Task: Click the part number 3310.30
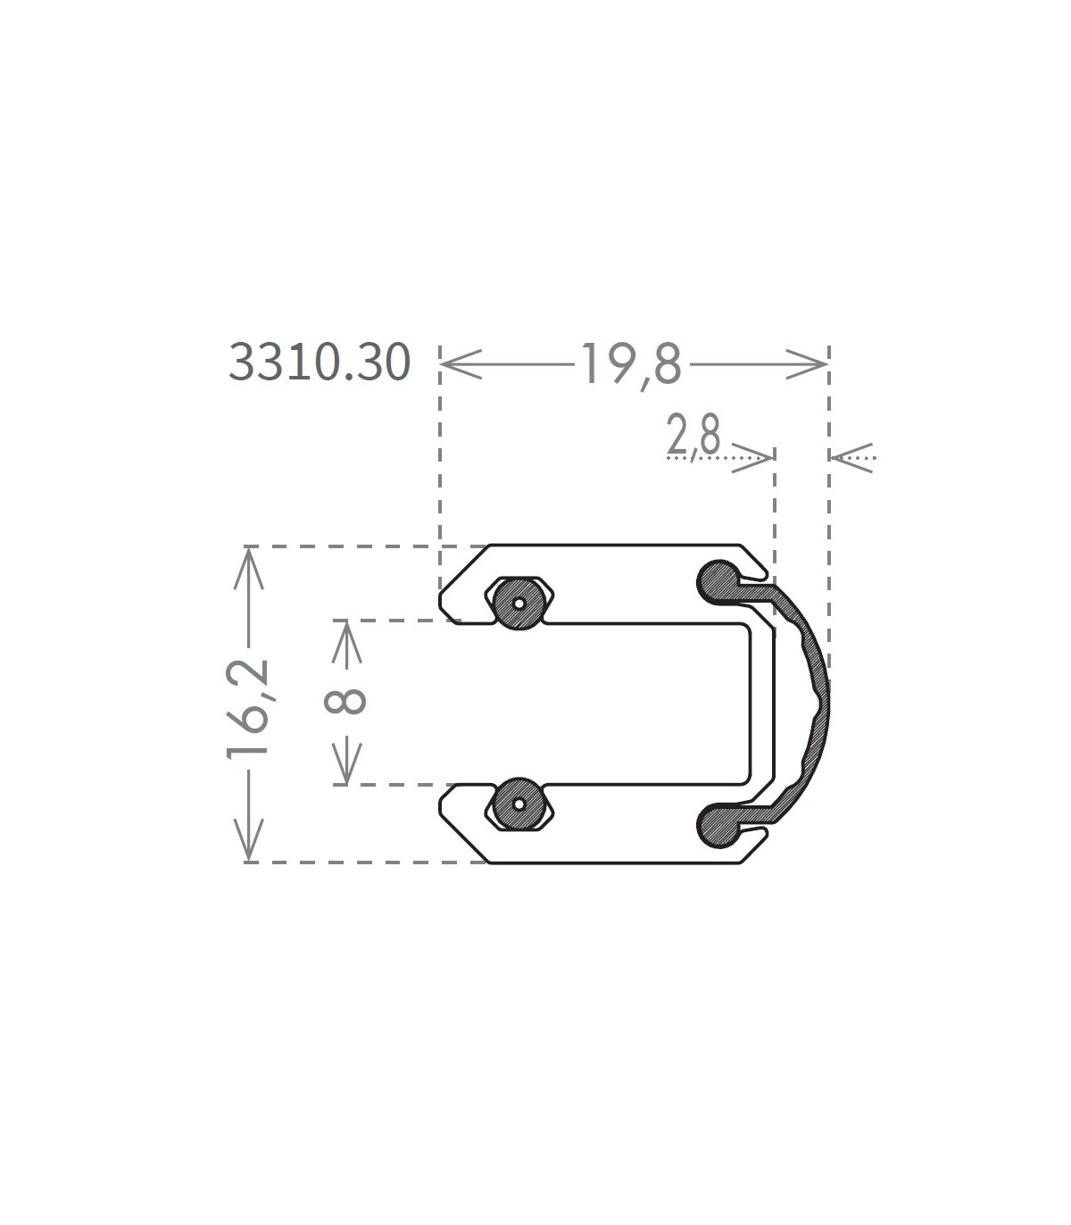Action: pyautogui.click(x=320, y=362)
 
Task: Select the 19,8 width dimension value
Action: pyautogui.click(x=631, y=364)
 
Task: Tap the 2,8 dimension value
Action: pyautogui.click(x=693, y=436)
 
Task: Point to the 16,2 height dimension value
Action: pyautogui.click(x=248, y=710)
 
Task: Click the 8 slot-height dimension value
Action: pyautogui.click(x=345, y=701)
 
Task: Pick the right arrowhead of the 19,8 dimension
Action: pyautogui.click(x=807, y=364)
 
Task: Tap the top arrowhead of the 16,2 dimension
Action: pyautogui.click(x=248, y=568)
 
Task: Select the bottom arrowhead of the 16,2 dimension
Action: pyautogui.click(x=248, y=840)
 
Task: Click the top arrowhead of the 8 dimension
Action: pyautogui.click(x=347, y=643)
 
